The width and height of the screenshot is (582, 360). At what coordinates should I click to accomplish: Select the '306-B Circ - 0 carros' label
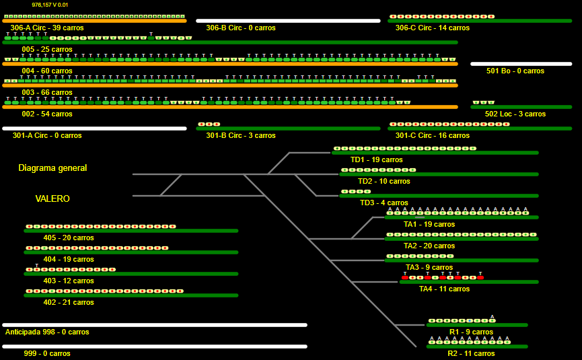(x=240, y=28)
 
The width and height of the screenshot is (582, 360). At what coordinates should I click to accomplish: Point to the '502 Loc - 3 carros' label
(x=515, y=114)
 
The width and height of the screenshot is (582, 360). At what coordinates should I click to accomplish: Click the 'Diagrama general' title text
(x=52, y=168)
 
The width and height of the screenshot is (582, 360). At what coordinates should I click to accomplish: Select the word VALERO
(x=52, y=199)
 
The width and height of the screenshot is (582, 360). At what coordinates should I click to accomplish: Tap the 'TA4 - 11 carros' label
(x=444, y=289)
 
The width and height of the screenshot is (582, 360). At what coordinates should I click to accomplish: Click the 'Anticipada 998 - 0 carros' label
(x=47, y=332)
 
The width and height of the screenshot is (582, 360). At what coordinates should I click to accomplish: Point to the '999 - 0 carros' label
(x=47, y=354)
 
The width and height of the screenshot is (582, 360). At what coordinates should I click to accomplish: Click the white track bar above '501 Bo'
(x=521, y=64)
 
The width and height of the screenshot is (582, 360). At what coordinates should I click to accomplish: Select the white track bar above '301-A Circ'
(x=94, y=129)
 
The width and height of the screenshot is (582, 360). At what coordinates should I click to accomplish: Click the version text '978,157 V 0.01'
(x=50, y=5)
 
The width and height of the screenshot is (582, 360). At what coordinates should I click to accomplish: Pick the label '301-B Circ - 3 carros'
(x=240, y=136)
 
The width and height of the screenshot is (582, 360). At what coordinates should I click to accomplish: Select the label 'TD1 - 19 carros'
(x=376, y=160)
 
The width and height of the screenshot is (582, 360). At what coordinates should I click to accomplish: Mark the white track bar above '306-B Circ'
(x=288, y=21)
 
